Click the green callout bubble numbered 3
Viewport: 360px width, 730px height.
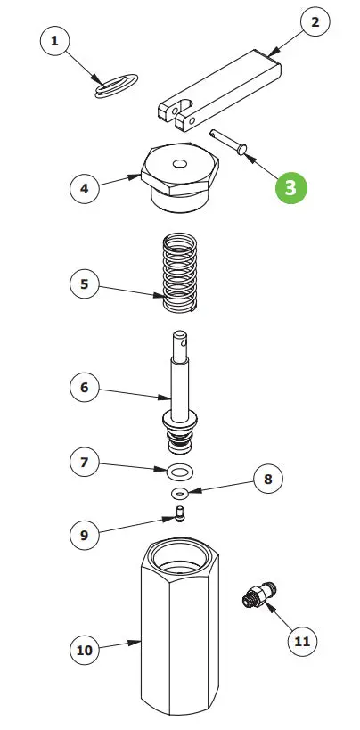click(x=291, y=187)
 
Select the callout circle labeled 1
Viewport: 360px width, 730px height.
click(x=55, y=41)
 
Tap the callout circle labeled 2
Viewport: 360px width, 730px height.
click(x=315, y=22)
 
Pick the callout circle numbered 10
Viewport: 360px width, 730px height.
click(x=85, y=650)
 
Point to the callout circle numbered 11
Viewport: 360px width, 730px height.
click(x=302, y=641)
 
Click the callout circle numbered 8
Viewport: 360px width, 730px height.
click(x=268, y=479)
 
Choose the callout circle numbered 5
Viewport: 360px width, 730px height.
click(x=85, y=283)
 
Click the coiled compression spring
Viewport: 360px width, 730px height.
click(x=180, y=273)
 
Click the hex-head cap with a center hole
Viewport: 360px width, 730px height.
click(x=180, y=176)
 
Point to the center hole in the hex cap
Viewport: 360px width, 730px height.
click(x=179, y=164)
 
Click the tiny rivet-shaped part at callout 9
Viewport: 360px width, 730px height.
click(x=179, y=513)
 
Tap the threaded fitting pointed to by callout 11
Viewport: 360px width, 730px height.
click(x=259, y=595)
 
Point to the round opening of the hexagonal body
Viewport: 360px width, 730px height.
click(x=179, y=556)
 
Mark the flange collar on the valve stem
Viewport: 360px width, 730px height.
click(x=179, y=420)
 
